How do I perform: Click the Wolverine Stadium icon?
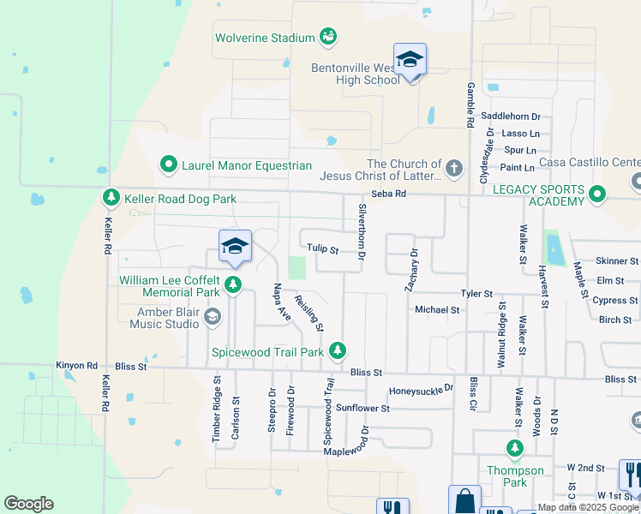pos(327,37)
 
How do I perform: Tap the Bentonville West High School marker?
pos(410,60)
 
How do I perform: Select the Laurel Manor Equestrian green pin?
pos(169,164)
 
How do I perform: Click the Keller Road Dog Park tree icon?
pos(111,199)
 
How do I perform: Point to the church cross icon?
pos(453,167)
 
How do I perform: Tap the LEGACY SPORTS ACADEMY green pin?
pos(598,194)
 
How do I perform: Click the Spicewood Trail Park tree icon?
pos(338,350)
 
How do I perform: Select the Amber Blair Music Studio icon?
pos(213,318)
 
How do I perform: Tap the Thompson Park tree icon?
pos(515,448)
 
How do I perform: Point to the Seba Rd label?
pos(388,194)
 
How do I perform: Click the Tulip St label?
pos(323,251)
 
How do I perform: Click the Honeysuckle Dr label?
pos(421,390)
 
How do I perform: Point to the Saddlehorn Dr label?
pos(511,116)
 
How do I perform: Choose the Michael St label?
pos(437,309)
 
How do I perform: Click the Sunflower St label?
pos(362,408)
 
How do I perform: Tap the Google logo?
pos(28,504)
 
